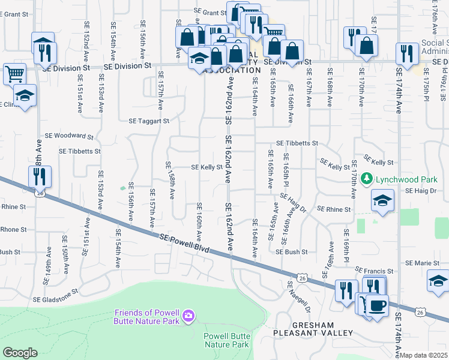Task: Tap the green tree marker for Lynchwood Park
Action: [x=368, y=179]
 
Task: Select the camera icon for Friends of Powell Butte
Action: [x=188, y=316]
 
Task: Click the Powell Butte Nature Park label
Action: [x=226, y=340]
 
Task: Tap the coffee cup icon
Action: [x=377, y=305]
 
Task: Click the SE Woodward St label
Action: [x=74, y=136]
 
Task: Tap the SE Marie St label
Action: [x=425, y=263]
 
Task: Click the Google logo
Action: [x=20, y=352]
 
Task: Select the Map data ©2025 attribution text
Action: [x=424, y=355]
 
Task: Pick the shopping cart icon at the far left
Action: [x=14, y=74]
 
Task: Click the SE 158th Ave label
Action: [x=170, y=180]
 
